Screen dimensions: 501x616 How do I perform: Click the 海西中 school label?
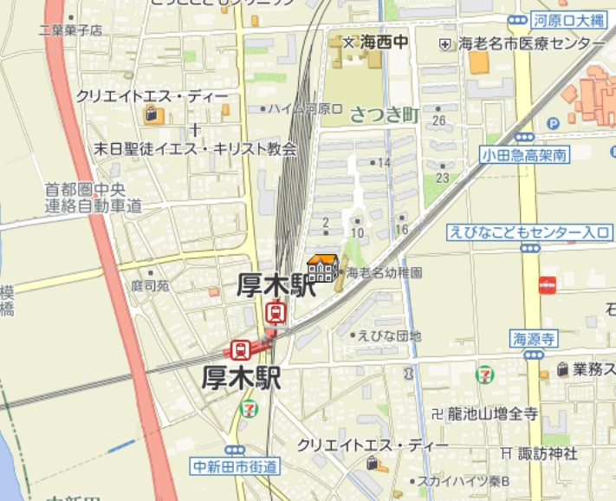382,42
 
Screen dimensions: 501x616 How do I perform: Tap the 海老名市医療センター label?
532,43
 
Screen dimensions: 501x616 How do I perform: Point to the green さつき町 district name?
385,114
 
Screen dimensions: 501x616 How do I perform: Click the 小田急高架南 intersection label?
526,155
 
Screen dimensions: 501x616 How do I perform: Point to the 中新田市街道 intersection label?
237,467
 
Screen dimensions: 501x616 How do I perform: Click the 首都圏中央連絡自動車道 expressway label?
94,198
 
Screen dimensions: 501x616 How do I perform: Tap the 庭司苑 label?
150,283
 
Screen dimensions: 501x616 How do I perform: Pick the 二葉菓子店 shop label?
71,30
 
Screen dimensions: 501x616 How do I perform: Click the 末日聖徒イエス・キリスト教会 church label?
195,148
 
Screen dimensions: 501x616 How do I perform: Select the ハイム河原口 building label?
306,109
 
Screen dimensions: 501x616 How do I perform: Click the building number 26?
439,120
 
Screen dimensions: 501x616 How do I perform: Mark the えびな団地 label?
390,335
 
